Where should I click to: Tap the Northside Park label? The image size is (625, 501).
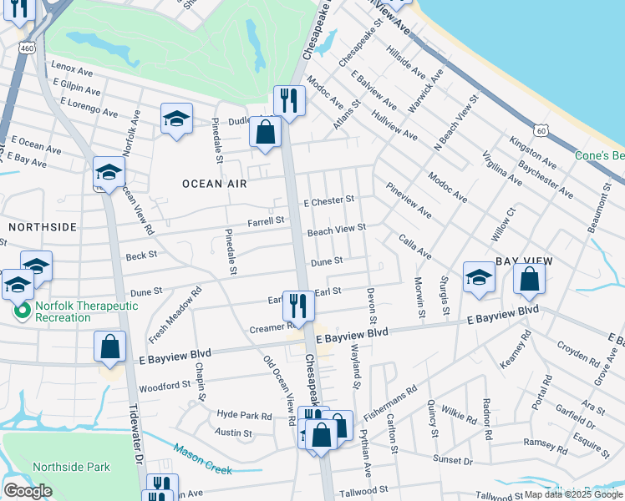click(71, 468)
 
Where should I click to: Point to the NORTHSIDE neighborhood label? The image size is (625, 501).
click(43, 226)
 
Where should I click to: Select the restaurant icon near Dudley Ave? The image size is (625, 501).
click(289, 101)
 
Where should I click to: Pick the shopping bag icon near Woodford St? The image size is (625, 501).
click(109, 347)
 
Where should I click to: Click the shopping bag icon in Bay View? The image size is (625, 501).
click(529, 279)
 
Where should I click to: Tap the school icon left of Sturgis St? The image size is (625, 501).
click(479, 279)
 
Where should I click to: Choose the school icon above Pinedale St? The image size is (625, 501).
click(176, 119)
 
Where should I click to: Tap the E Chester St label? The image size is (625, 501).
click(329, 200)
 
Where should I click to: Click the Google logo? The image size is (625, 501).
click(28, 491)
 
